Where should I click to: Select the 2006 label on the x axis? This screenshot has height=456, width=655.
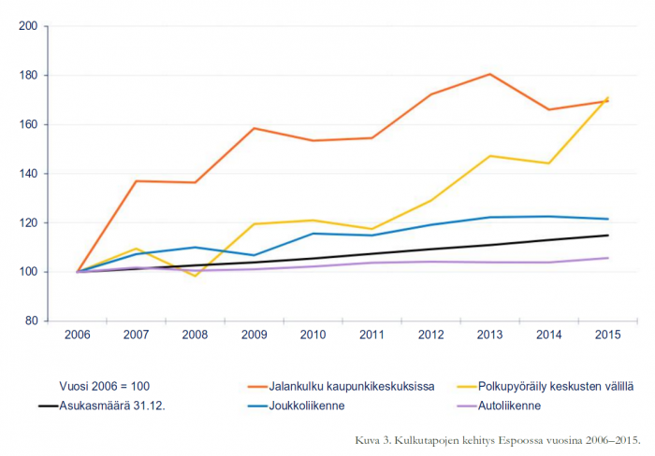77,335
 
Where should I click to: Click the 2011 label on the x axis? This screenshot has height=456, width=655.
372,335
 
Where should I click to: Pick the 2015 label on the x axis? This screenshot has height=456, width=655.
608,335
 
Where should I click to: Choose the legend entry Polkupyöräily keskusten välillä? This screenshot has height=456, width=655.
550,386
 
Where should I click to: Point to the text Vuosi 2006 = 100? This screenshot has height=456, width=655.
105,386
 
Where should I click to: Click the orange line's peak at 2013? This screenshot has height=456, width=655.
490,74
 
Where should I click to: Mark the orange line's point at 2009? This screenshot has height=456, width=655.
254,128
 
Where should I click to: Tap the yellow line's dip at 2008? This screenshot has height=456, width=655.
195,276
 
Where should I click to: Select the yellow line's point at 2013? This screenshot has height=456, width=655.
490,156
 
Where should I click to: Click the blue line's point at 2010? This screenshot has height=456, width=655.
313,234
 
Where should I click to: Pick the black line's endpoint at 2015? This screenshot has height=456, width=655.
608,235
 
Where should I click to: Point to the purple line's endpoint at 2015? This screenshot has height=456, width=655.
608,258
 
